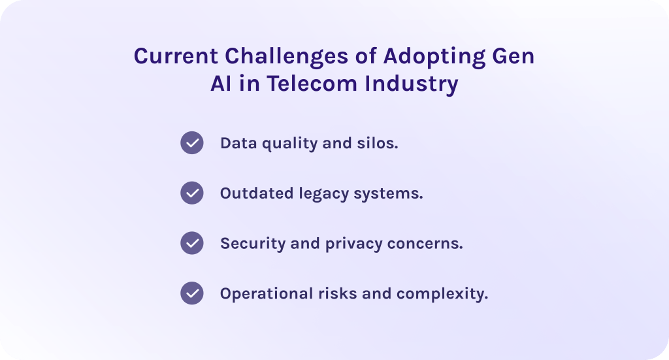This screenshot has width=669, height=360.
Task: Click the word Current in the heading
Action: coord(173,57)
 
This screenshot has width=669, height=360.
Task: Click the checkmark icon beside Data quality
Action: coord(192,142)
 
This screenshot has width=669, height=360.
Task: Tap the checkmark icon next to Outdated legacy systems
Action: coord(192,193)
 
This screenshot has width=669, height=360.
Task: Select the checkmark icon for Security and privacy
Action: coord(192,243)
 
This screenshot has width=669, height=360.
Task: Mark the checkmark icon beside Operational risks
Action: coord(192,293)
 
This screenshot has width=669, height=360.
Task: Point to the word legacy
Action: coord(323,194)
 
